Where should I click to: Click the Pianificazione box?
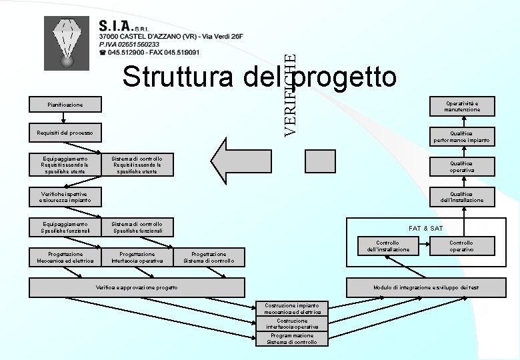[x=65, y=105]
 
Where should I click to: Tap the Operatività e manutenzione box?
[x=463, y=106]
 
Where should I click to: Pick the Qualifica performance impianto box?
[x=463, y=136]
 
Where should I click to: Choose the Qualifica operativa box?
[x=463, y=166]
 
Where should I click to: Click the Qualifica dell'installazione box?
[x=463, y=196]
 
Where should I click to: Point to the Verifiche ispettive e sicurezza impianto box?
[x=65, y=196]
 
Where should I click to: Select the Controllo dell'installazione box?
[x=387, y=246]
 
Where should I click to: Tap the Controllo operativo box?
[x=461, y=246]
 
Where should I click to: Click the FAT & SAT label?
[x=425, y=228]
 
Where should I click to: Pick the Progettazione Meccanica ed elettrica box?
[x=65, y=257]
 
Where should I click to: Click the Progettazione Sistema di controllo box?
[x=209, y=257]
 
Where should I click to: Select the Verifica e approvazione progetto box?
[x=137, y=287]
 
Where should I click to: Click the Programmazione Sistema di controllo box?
[x=292, y=339]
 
